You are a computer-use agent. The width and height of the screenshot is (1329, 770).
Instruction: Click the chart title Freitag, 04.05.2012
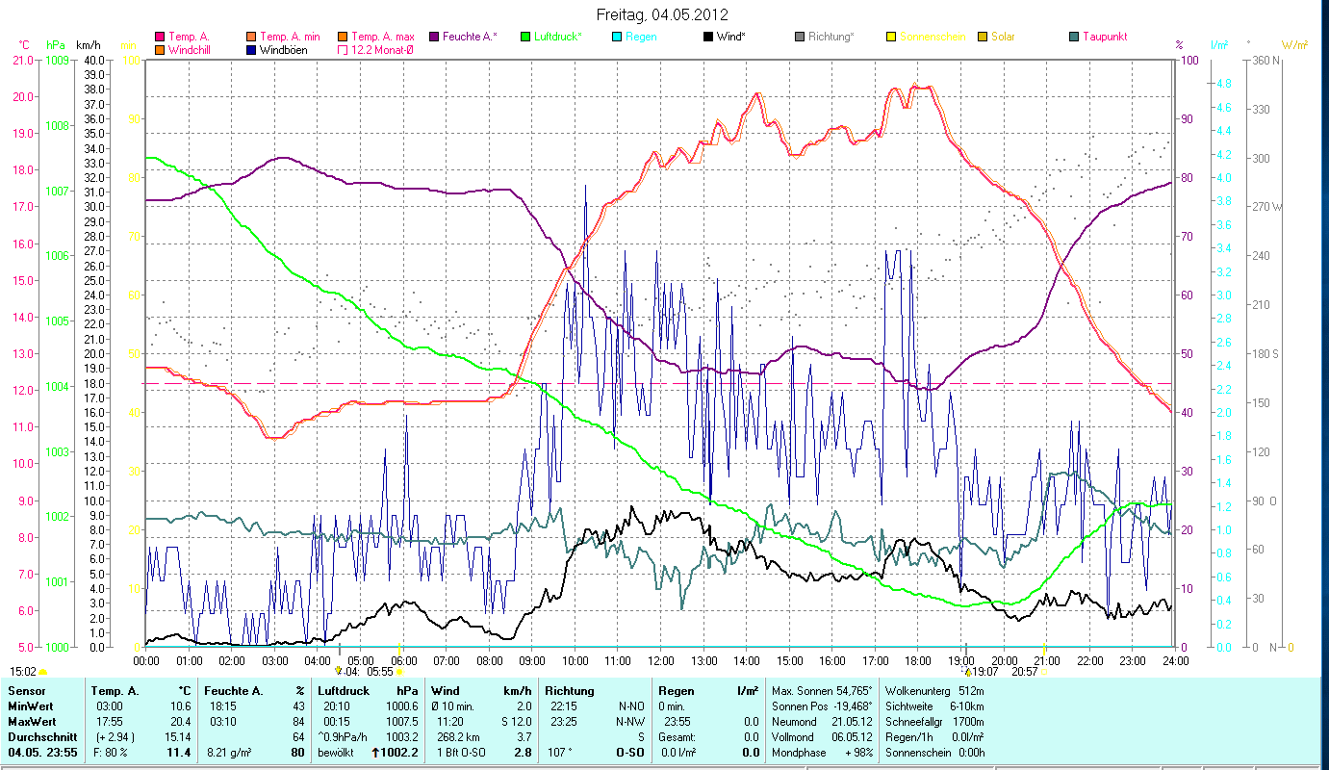(662, 14)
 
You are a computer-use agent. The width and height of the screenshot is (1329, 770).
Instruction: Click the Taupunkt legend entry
(1104, 37)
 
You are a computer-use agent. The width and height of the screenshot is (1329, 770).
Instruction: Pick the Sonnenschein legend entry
(932, 37)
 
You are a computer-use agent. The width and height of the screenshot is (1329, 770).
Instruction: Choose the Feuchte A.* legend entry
(470, 37)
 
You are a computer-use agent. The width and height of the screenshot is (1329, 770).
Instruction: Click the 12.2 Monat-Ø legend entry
(382, 50)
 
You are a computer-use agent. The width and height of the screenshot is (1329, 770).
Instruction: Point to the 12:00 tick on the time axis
(660, 661)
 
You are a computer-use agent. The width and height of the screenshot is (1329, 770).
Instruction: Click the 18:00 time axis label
(917, 661)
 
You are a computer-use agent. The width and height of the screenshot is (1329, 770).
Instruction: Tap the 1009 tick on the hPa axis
(58, 60)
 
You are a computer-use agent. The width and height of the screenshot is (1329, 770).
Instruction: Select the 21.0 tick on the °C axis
(22, 60)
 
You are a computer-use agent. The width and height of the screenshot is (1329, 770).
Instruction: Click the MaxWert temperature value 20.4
(180, 721)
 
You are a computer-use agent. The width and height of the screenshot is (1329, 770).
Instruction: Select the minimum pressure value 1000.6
(402, 706)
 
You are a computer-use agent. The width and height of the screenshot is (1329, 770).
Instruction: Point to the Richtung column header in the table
(570, 691)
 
